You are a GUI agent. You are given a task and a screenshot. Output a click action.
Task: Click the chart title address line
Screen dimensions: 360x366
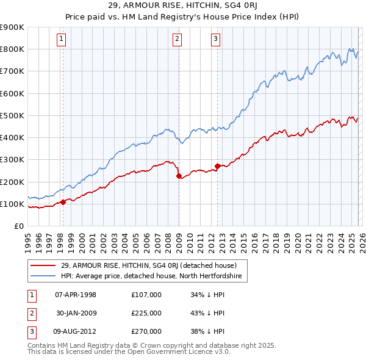point(182,5)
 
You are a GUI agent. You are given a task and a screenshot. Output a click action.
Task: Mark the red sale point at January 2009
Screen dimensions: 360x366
point(179,176)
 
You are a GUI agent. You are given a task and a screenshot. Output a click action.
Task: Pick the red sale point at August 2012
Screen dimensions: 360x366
point(217,166)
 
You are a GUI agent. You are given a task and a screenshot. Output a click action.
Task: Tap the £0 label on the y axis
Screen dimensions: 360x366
point(18,226)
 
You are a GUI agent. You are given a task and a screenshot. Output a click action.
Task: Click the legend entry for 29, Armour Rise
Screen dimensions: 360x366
point(145,265)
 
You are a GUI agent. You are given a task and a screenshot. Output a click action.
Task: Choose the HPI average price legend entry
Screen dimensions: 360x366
point(151,276)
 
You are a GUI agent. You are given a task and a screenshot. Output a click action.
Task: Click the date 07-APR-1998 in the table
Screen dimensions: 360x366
point(76,295)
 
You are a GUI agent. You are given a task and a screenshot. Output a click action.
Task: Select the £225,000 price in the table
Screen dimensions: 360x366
point(146,313)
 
